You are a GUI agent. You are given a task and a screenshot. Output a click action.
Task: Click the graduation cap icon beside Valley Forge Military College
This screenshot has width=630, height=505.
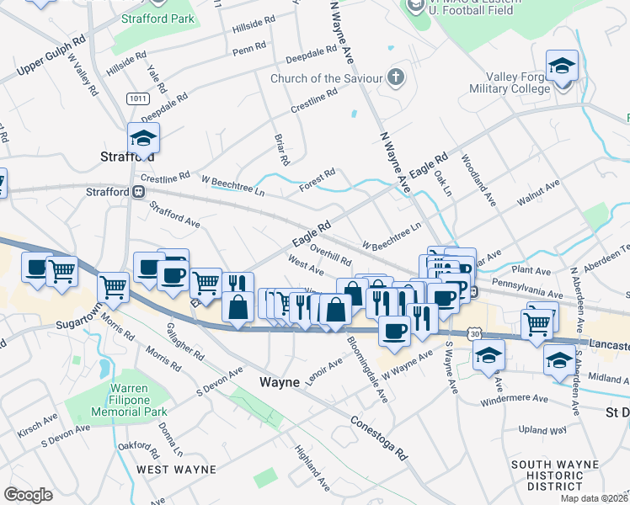tap(561, 66)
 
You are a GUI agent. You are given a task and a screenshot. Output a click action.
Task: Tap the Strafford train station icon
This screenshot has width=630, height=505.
tap(138, 192)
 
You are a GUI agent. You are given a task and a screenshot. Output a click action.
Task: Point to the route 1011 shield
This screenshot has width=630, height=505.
tap(139, 98)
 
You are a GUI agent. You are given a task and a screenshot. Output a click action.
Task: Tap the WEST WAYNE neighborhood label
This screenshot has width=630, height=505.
tap(176, 469)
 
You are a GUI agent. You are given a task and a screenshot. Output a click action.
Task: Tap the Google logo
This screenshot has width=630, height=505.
tap(28, 495)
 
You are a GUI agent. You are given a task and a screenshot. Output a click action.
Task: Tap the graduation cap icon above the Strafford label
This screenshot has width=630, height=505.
tap(143, 138)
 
